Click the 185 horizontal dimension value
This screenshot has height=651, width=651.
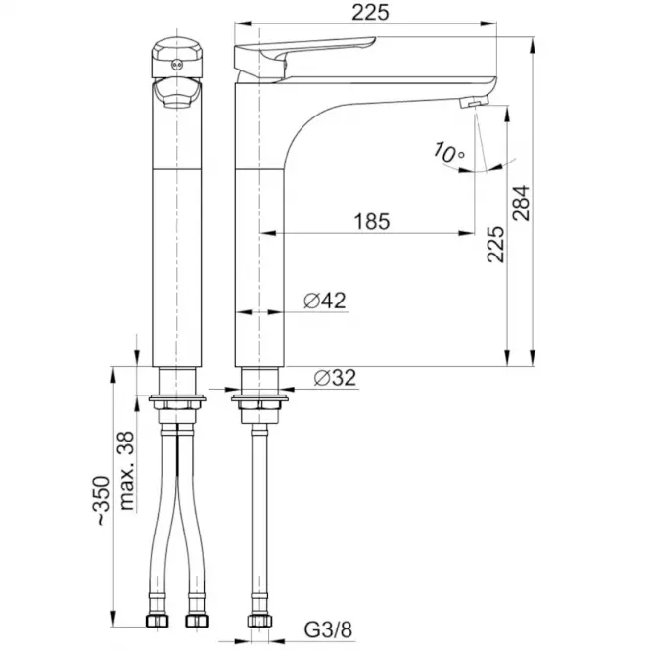tap(372, 221)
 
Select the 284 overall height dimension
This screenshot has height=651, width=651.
tap(522, 203)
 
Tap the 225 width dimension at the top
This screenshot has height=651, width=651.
tap(370, 12)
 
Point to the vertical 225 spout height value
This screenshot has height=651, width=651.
tap(495, 244)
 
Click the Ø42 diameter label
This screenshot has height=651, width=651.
tap(325, 301)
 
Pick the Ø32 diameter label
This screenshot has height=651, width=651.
tap(335, 378)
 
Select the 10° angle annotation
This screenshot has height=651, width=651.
tap(448, 152)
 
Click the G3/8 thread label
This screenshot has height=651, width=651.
tap(328, 629)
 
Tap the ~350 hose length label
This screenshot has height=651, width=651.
tap(102, 500)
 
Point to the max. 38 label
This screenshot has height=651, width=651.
tap(126, 471)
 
